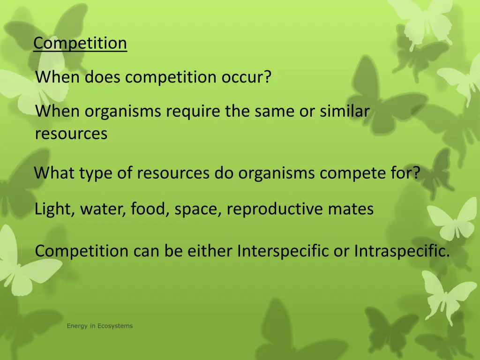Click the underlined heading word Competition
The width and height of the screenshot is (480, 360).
coord(80,43)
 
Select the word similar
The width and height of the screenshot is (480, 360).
coord(345,112)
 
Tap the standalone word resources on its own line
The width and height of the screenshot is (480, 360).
coord(71,134)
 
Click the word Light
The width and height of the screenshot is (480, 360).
coord(52,209)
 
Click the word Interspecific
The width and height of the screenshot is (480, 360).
coord(283,251)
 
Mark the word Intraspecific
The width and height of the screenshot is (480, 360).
coord(402,251)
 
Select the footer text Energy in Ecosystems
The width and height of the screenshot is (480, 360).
coord(99,326)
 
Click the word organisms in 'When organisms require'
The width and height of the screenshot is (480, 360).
coord(123,112)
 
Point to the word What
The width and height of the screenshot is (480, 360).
coord(54,173)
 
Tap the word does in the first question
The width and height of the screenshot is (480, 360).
coord(103,77)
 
